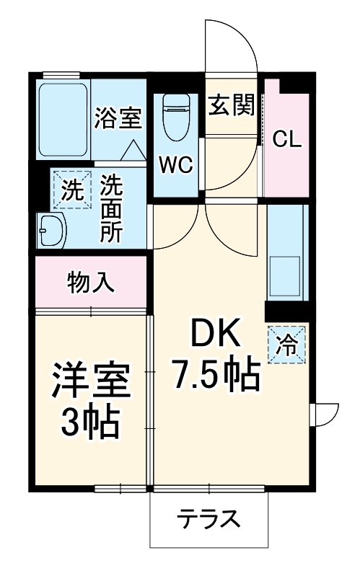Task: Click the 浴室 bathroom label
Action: point(117,118)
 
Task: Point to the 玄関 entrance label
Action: point(232,107)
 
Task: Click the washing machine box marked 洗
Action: point(71,190)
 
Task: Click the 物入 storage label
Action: point(91,283)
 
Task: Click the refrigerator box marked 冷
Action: point(286,345)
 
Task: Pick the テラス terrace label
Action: point(208,518)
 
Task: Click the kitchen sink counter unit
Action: point(287,252)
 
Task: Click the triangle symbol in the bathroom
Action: point(132,150)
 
